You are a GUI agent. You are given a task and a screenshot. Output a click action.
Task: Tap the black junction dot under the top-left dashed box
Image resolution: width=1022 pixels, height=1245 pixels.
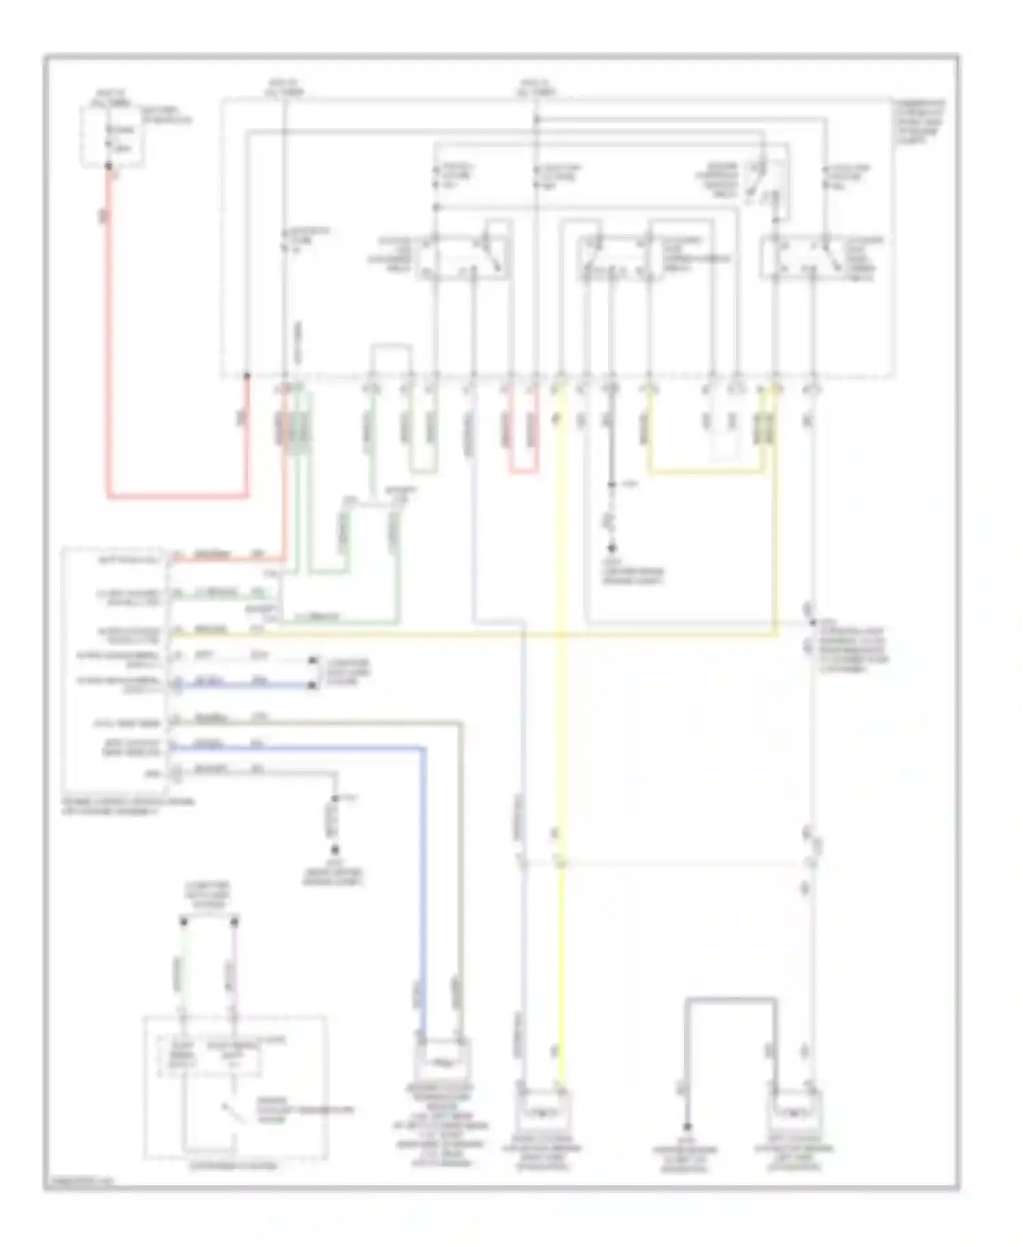click(108, 166)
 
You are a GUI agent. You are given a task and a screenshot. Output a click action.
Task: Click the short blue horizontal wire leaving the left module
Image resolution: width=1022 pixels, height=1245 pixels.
click(245, 685)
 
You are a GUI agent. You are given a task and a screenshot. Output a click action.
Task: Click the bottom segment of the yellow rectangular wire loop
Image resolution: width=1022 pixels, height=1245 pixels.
click(705, 471)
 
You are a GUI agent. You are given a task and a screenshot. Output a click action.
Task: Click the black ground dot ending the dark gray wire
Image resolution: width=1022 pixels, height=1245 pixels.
click(687, 1127)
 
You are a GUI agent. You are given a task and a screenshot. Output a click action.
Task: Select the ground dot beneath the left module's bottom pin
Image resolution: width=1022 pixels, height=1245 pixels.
click(335, 850)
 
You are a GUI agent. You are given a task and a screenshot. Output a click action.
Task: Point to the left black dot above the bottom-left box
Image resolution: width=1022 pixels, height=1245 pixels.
click(183, 921)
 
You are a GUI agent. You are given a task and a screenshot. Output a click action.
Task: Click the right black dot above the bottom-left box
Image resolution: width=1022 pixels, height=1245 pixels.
click(234, 921)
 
